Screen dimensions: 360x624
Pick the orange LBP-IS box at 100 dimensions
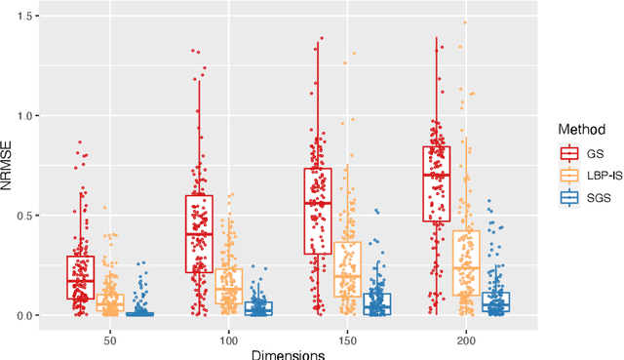[x=229, y=287]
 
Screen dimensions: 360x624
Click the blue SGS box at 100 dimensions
[x=259, y=308]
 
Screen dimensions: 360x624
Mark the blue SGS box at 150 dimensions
[x=376, y=303]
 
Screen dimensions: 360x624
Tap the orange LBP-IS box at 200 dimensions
[x=465, y=262]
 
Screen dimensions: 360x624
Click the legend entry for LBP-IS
[x=585, y=176]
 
